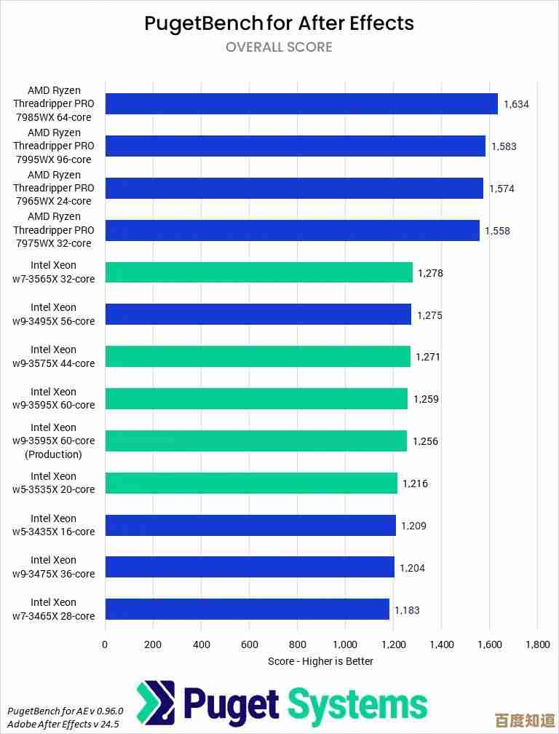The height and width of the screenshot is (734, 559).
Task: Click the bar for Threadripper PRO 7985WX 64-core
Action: click(301, 103)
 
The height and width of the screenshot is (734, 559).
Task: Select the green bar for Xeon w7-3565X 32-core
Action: click(258, 272)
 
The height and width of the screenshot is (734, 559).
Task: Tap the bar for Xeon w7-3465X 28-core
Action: click(247, 609)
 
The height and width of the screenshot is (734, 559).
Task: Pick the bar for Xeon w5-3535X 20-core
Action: click(251, 483)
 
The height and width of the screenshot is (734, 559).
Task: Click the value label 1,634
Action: click(516, 104)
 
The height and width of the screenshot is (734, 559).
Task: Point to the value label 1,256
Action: click(425, 441)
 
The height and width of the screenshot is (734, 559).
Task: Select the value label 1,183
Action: click(407, 610)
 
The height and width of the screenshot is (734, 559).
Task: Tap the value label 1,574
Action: click(501, 189)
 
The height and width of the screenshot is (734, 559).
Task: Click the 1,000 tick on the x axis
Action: click(345, 644)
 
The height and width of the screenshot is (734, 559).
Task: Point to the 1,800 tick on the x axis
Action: click(537, 644)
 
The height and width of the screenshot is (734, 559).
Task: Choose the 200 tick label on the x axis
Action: click(153, 644)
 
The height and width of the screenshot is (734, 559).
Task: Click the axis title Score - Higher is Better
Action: click(320, 661)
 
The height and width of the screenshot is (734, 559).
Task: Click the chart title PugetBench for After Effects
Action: click(279, 23)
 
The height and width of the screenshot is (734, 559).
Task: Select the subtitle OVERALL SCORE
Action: click(279, 47)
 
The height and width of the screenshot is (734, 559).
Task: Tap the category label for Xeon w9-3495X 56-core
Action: click(54, 314)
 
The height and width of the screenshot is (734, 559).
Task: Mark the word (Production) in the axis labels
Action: click(53, 454)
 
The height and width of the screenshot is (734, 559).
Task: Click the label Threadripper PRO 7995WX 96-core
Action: click(53, 146)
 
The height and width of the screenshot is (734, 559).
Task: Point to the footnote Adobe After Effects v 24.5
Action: click(63, 724)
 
